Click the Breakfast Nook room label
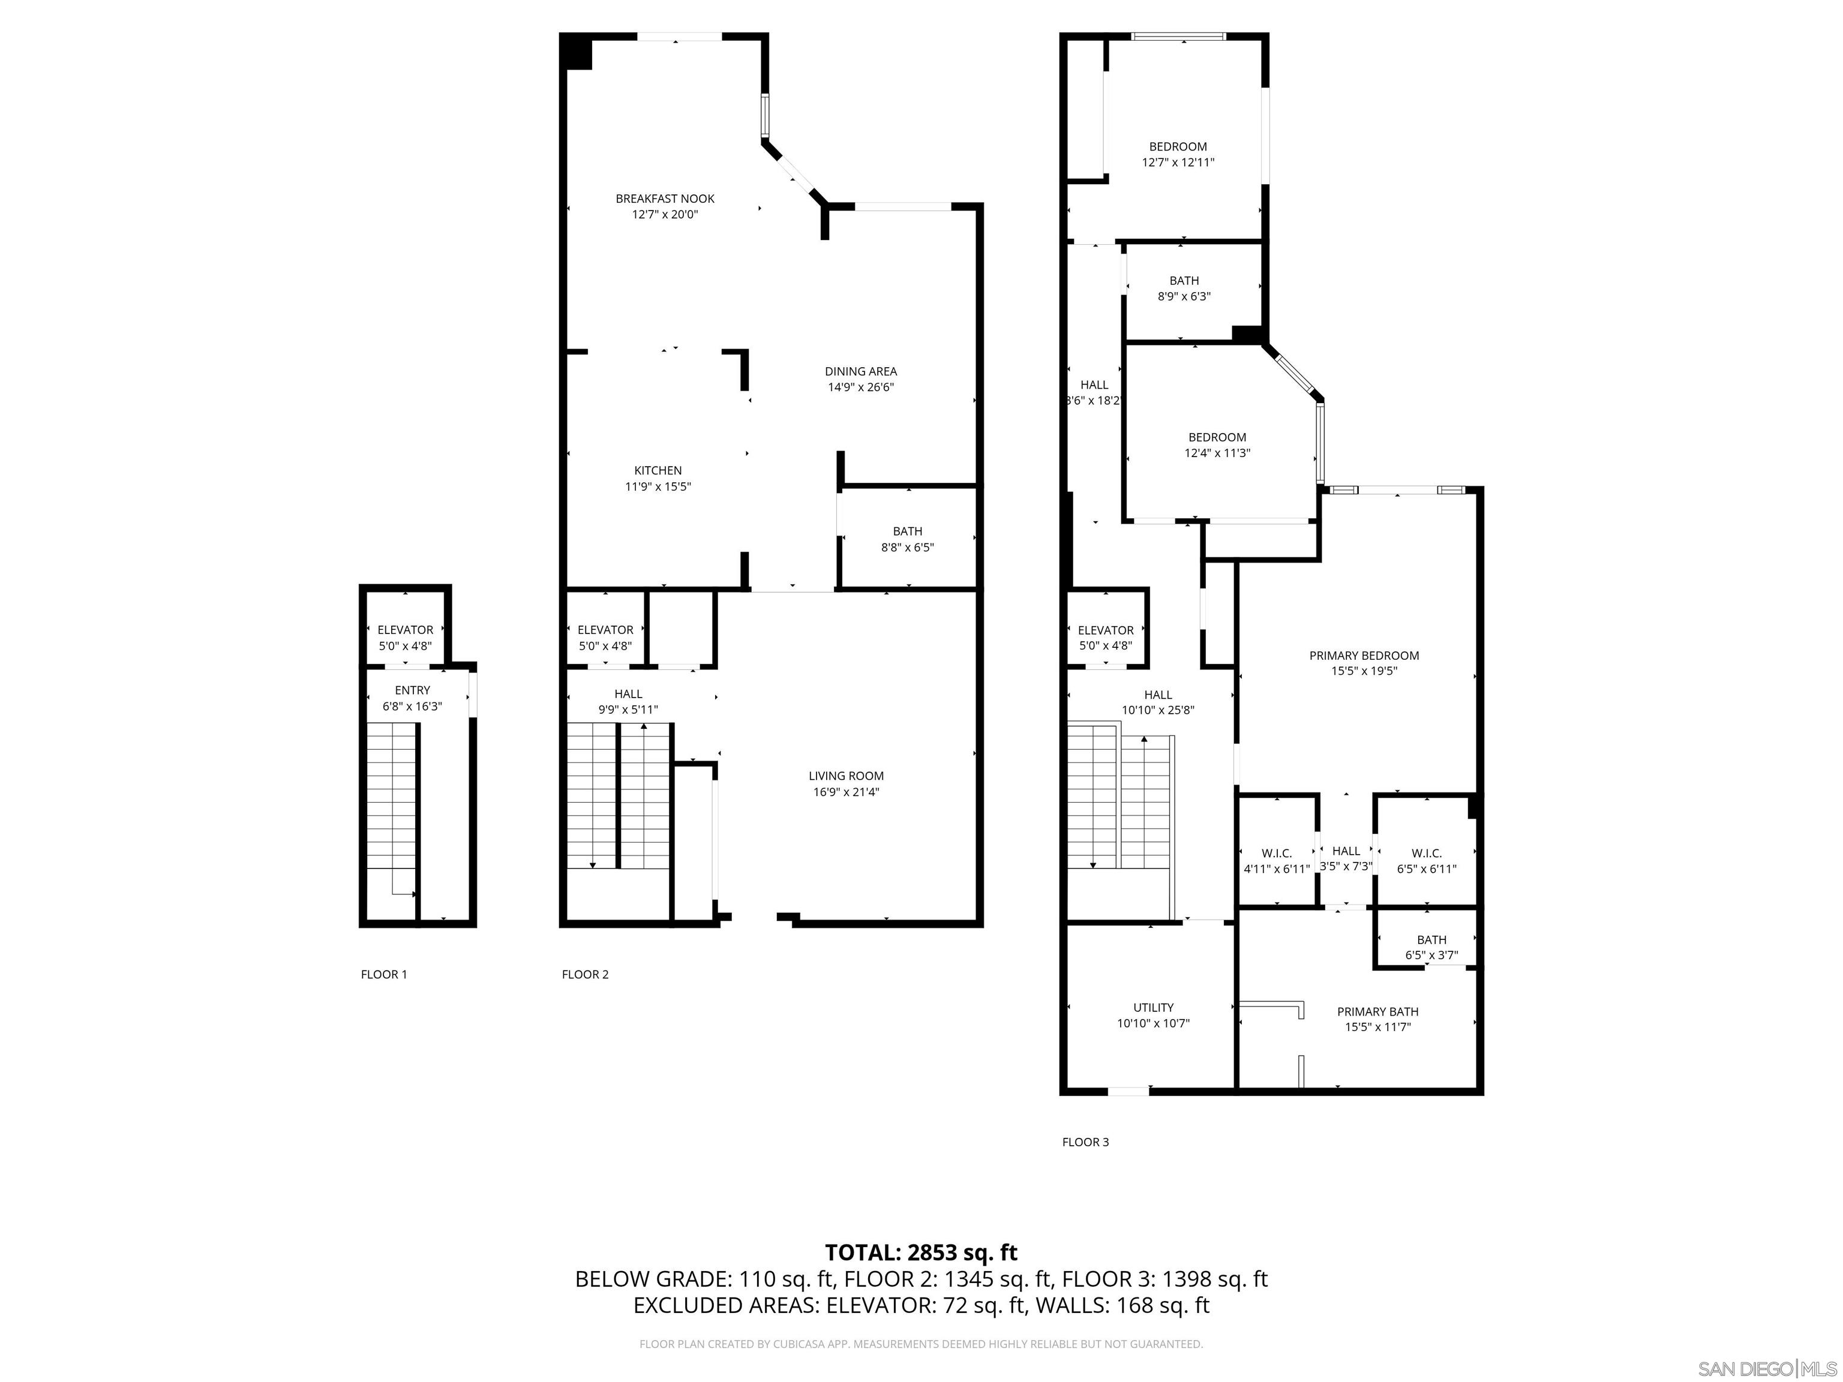665,199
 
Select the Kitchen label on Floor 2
658,471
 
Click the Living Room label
846,776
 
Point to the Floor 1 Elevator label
405,630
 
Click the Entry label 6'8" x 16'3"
412,698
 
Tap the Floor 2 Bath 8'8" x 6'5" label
907,539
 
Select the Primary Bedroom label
1363,656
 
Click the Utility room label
1153,1007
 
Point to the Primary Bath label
1377,1011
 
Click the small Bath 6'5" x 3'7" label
1431,947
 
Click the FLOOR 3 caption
1085,1142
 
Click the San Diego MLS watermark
1766,1369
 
